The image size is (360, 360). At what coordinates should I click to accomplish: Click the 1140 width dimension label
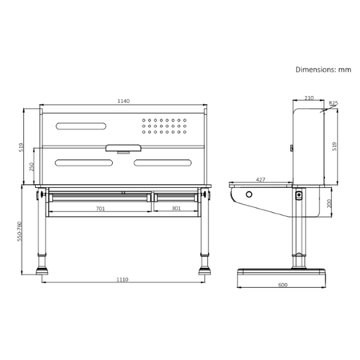123,102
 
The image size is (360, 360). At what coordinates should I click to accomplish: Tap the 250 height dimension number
32,167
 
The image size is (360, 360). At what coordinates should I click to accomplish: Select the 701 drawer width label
100,210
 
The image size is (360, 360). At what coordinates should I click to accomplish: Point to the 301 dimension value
176,210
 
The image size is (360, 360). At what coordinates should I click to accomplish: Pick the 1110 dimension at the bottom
122,280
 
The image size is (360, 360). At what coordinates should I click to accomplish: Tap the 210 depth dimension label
309,98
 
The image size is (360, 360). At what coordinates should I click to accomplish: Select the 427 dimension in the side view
261,180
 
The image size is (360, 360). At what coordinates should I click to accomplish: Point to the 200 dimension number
330,203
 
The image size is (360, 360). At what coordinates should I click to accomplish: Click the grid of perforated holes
165,126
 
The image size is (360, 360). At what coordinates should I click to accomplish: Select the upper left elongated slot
80,126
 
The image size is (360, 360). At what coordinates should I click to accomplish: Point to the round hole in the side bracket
249,195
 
